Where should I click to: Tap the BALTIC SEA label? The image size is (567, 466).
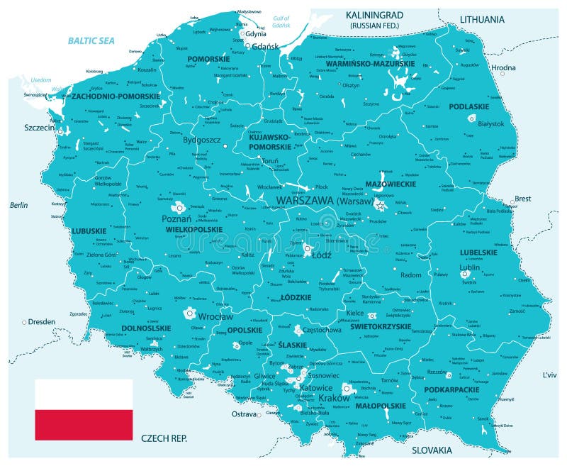tap(91, 41)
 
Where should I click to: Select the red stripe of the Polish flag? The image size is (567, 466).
tap(84, 424)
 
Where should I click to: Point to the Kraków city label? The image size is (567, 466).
tap(335, 398)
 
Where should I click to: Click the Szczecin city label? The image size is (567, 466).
tap(39, 128)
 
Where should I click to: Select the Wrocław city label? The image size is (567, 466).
tap(215, 316)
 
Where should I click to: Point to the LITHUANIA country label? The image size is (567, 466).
tap(482, 19)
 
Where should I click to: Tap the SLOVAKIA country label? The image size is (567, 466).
tap(432, 450)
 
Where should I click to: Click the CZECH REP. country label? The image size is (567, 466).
tap(164, 438)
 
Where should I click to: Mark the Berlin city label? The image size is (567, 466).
tap(18, 205)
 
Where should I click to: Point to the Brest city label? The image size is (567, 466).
tap(522, 199)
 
